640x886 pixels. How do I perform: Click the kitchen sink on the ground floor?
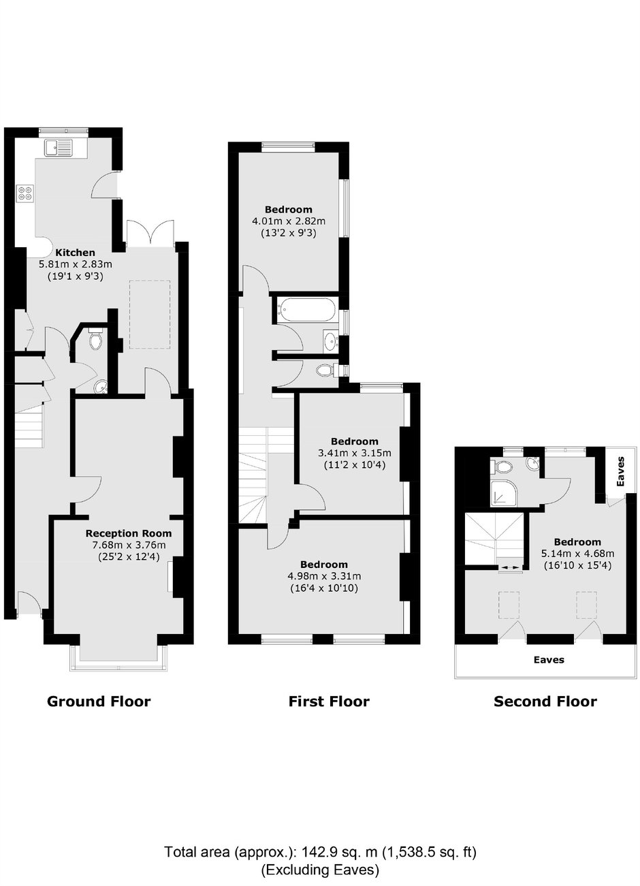59,148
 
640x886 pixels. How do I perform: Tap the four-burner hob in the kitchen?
25,194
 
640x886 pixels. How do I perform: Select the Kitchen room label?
75,253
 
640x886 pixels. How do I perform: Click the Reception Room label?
129,533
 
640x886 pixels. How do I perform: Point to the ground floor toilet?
96,339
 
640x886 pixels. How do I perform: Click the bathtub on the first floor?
306,310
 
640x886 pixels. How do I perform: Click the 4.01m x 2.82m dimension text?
289,221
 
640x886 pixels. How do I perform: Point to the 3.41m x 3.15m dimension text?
355,453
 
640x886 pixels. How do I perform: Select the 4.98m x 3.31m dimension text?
324,576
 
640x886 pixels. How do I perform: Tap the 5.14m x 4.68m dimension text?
577,554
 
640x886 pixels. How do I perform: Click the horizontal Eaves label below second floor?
549,660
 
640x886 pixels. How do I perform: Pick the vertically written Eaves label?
621,471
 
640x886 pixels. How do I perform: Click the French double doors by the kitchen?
150,234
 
